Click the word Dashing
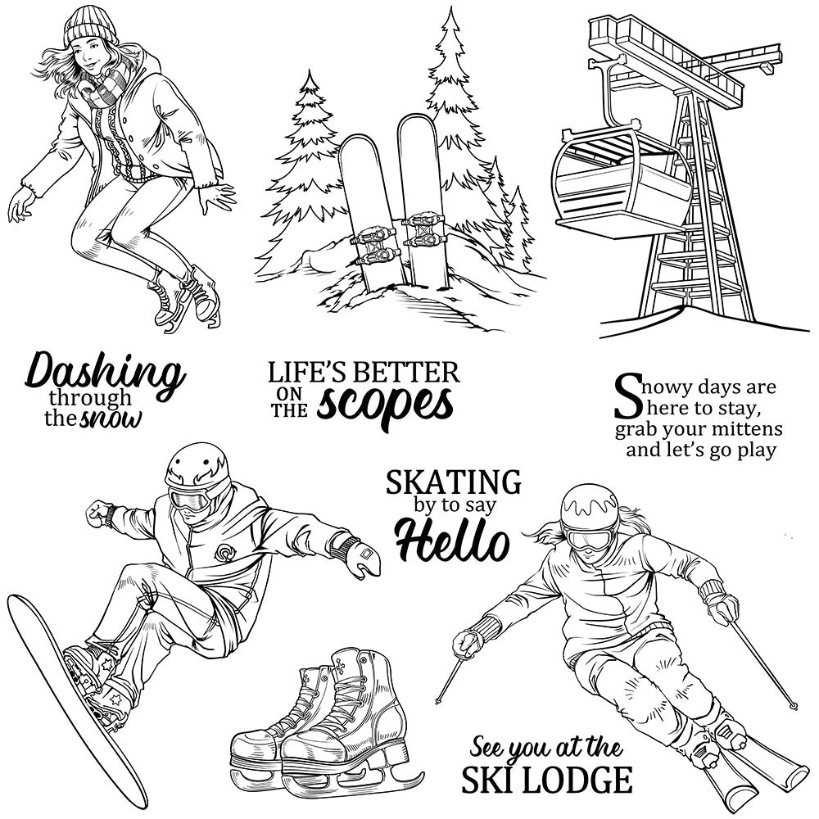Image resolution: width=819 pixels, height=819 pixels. (x=105, y=374)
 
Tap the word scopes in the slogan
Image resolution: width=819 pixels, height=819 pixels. (x=385, y=404)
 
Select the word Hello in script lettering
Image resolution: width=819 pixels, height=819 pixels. (x=451, y=541)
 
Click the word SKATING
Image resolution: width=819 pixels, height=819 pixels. (x=453, y=482)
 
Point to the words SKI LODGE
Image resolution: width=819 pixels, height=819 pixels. (x=546, y=779)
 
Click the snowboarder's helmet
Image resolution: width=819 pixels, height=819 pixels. (x=197, y=467)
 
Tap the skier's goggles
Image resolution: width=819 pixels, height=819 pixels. (x=589, y=538)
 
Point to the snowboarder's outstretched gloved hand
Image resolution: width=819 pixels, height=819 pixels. (x=358, y=556)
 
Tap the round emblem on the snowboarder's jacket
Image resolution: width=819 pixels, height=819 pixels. (x=224, y=553)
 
